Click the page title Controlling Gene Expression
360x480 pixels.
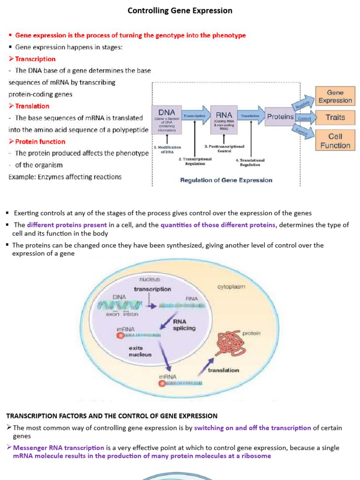point(180,10)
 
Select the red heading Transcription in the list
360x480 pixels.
point(35,59)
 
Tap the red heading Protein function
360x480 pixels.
point(40,142)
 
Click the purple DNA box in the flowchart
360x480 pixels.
point(167,120)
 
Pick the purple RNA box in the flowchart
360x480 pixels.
point(224,120)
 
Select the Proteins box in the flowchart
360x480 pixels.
point(280,117)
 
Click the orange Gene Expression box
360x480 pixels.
point(335,97)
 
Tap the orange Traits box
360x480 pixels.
point(335,118)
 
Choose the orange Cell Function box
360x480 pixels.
point(335,141)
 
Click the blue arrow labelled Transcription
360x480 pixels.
point(195,115)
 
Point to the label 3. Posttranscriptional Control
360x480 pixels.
point(224,149)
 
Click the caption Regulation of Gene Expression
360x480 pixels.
point(226,180)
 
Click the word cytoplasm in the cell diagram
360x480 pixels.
point(231,286)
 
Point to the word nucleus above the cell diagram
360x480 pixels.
point(149,279)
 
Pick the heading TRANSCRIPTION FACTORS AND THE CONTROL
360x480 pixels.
point(112,416)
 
